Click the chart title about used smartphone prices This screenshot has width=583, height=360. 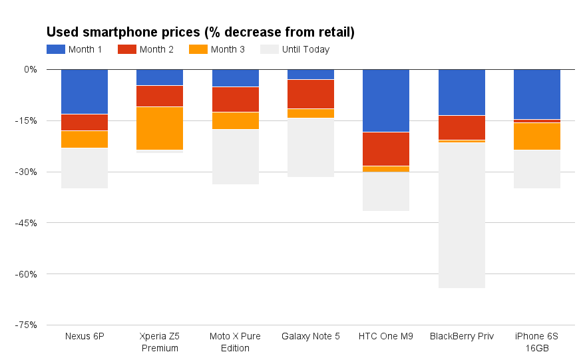click(x=200, y=32)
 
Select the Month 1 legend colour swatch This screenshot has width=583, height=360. click(x=56, y=49)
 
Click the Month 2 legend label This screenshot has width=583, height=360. click(x=156, y=49)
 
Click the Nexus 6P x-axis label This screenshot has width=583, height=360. click(x=84, y=336)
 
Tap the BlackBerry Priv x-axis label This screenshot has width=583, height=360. click(x=462, y=336)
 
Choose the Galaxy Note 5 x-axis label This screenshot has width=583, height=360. click(x=311, y=336)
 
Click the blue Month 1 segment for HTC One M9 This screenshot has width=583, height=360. click(x=386, y=100)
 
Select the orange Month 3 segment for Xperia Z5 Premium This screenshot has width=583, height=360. click(x=160, y=128)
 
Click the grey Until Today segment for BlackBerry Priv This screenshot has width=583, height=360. click(x=462, y=215)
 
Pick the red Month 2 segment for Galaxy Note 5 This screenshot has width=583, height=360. click(x=311, y=94)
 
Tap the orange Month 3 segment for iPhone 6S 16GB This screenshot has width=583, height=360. click(x=537, y=136)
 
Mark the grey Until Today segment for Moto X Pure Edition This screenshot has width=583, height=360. click(x=236, y=156)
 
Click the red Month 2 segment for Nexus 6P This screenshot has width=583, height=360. click(x=85, y=122)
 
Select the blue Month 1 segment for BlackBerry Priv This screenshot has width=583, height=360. click(x=462, y=92)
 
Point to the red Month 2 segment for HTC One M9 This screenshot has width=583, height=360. click(x=386, y=149)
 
